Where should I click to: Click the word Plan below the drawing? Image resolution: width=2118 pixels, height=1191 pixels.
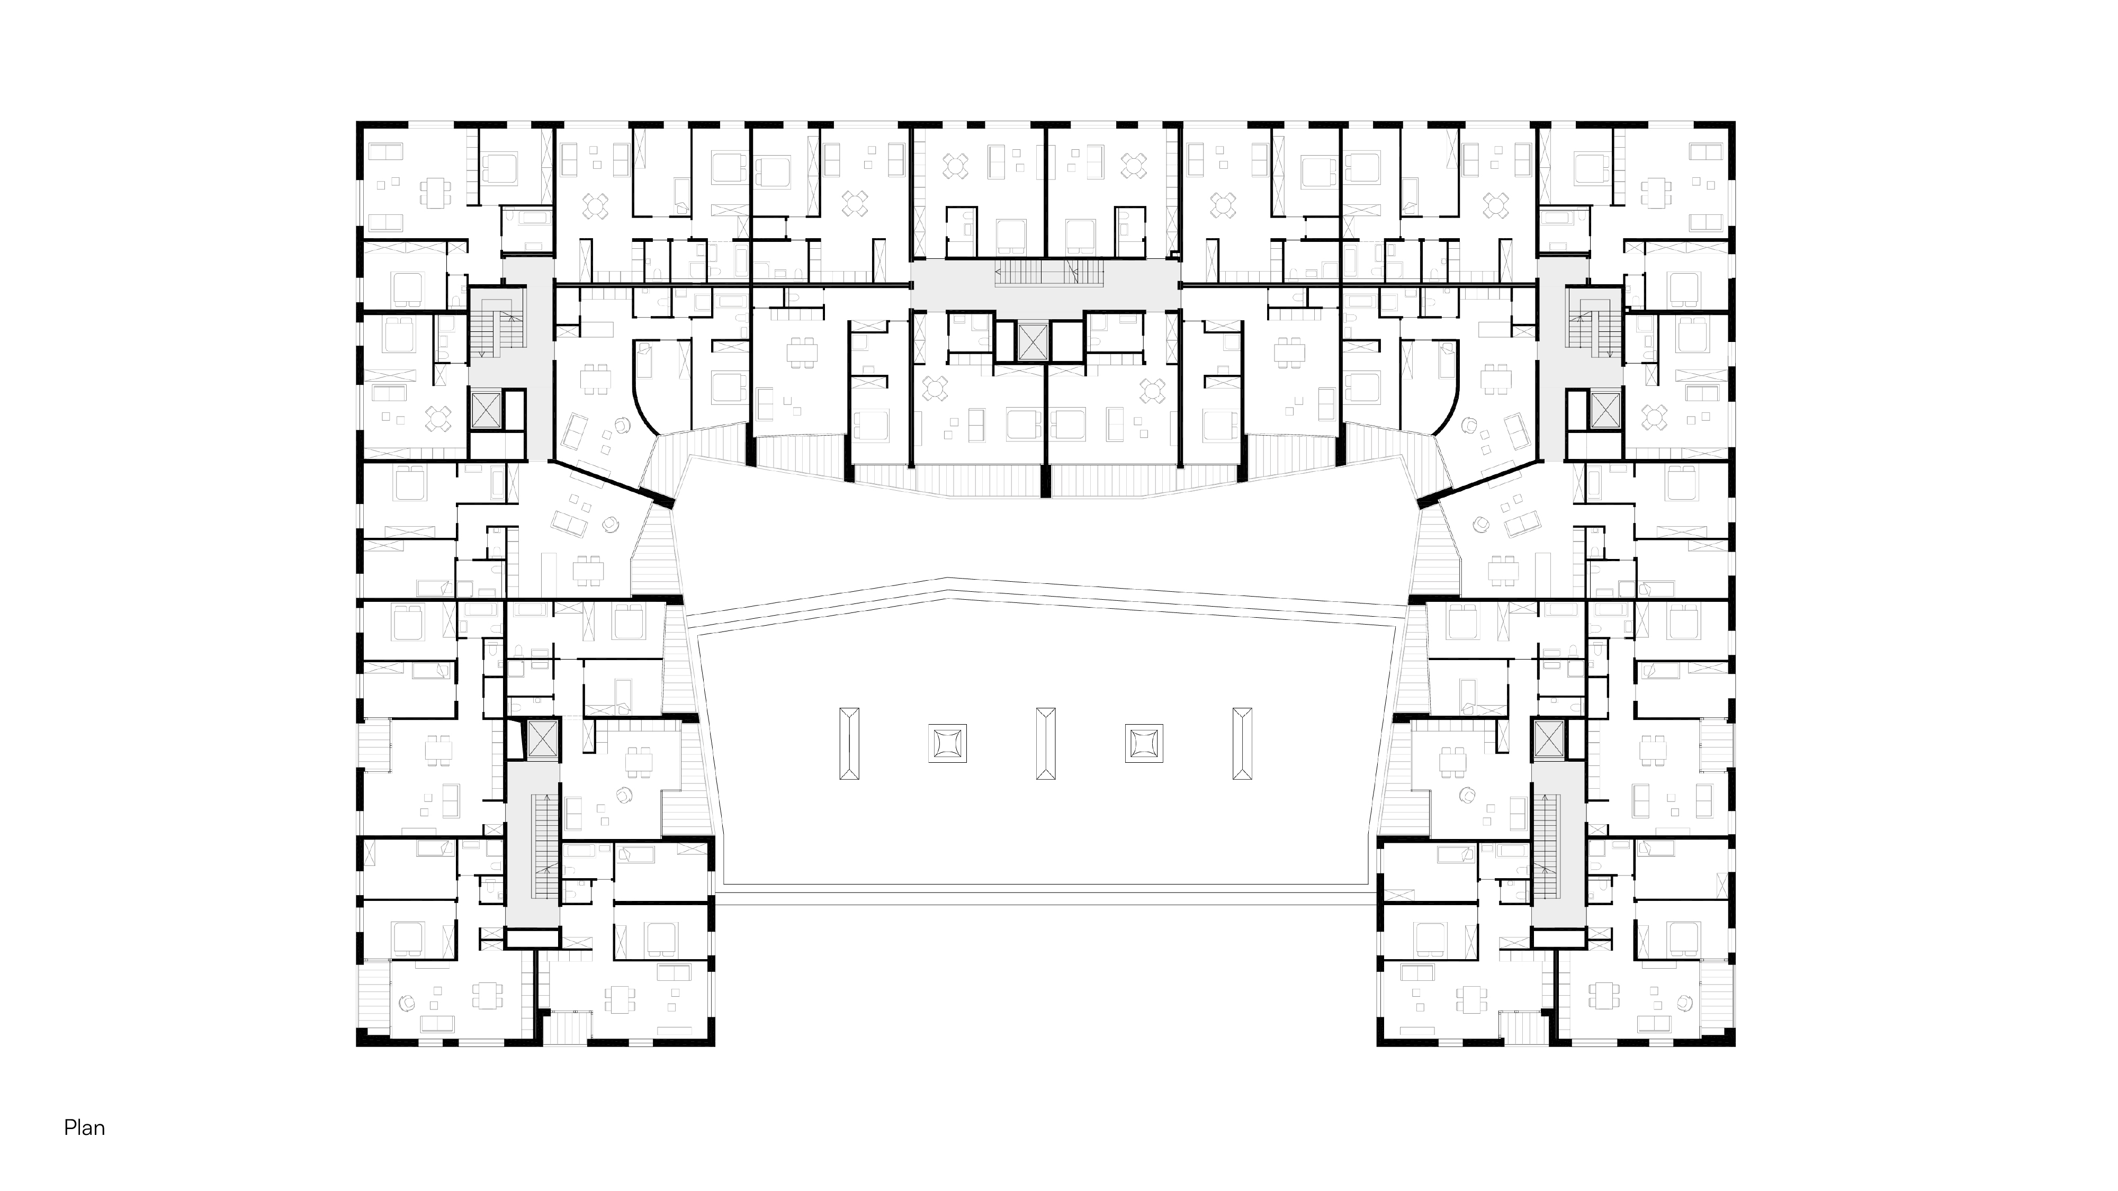point(85,1127)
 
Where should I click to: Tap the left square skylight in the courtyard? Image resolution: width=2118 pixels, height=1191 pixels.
point(947,743)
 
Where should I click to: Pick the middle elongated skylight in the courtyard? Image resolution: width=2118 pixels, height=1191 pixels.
point(1046,743)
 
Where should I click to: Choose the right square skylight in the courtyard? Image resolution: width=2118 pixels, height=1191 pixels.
point(1144,743)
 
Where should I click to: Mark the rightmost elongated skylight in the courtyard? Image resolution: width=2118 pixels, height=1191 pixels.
point(1242,743)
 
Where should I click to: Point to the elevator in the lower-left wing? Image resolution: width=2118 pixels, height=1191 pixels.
point(542,740)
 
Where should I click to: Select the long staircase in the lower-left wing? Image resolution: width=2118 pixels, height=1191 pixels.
point(543,846)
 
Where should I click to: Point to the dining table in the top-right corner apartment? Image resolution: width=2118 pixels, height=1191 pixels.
point(1656,194)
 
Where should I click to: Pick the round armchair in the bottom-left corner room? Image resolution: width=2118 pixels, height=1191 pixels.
point(406,1002)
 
